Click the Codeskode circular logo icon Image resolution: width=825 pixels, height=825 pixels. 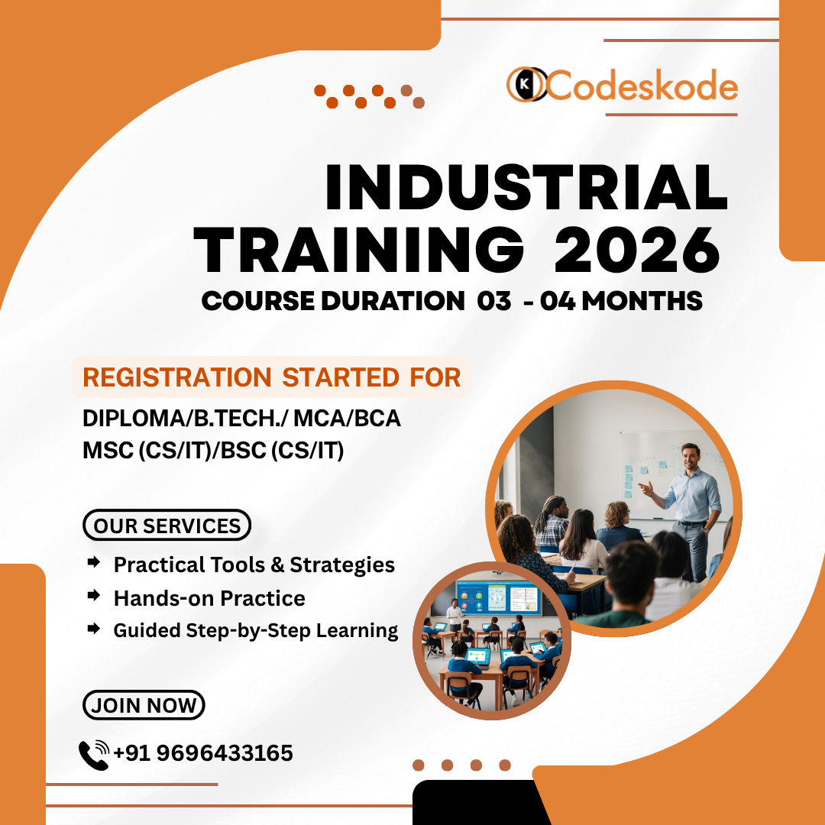coord(526,84)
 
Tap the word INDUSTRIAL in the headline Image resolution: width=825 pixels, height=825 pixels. coord(526,187)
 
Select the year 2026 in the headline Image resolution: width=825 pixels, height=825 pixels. coord(636,251)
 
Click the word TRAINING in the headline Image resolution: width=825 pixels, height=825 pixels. coord(359,251)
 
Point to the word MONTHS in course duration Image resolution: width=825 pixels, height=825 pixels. coord(642,301)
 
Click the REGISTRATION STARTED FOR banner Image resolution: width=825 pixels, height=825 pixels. coord(271,377)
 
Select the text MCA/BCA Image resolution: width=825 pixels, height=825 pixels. coord(348,419)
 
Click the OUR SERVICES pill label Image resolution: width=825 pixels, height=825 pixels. coord(167,525)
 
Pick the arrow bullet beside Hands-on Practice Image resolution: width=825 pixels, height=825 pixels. coord(94,596)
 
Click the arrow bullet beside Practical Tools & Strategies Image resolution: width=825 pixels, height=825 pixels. coord(94,562)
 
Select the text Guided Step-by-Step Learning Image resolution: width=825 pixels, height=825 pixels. coord(256,630)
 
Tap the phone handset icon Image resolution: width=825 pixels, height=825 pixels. coord(94,755)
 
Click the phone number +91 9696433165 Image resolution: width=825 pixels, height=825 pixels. coord(203,753)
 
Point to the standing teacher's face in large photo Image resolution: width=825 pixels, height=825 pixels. coord(690,458)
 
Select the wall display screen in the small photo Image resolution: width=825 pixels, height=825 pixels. coord(498,597)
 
